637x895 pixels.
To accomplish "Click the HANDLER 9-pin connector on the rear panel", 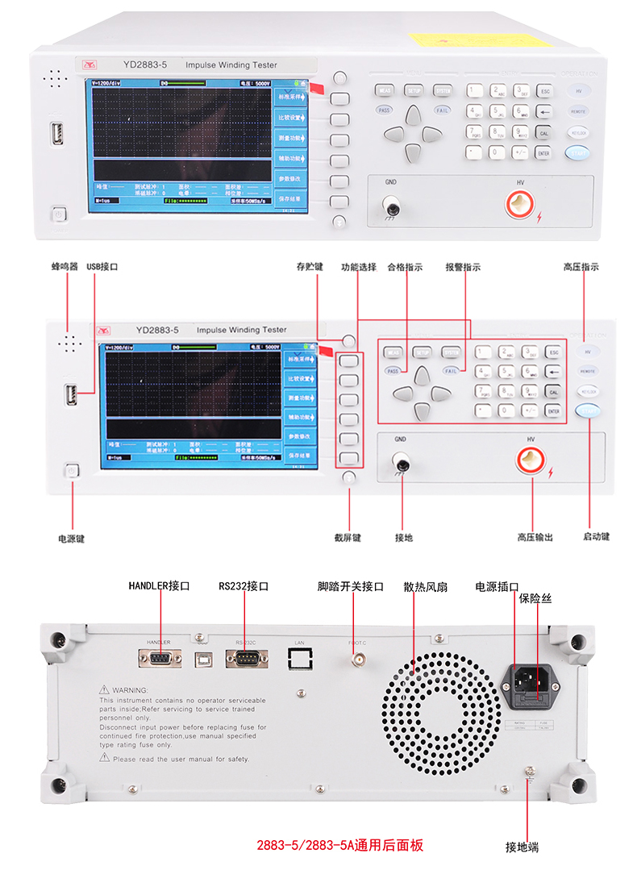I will pyautogui.click(x=160, y=659).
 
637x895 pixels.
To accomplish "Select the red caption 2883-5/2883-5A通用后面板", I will pyautogui.click(x=339, y=845).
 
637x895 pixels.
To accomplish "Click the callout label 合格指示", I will pyautogui.click(x=405, y=266).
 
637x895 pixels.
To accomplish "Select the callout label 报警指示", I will pyautogui.click(x=463, y=266).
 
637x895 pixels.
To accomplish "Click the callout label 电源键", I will pyautogui.click(x=71, y=538).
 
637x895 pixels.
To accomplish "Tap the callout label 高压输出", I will pyautogui.click(x=535, y=538).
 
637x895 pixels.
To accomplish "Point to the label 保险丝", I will pyautogui.click(x=535, y=599).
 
